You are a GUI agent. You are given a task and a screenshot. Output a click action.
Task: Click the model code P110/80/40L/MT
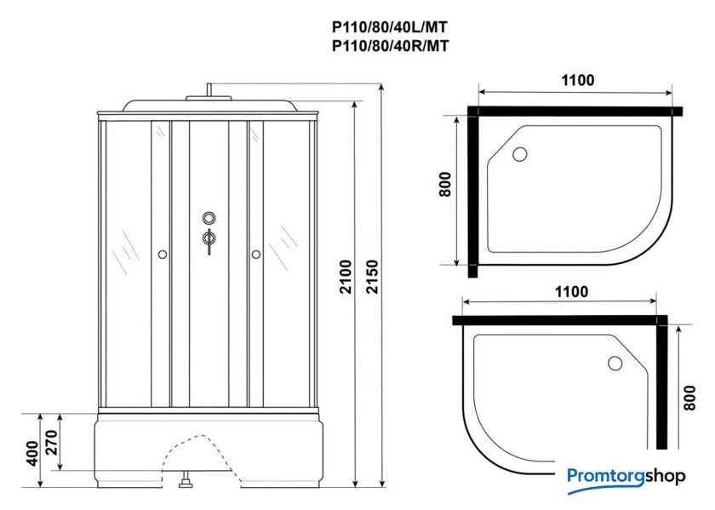coord(390,28)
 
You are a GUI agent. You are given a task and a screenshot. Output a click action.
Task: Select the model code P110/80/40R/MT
coord(390,46)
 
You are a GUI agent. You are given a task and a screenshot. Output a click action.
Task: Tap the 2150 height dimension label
coord(373,277)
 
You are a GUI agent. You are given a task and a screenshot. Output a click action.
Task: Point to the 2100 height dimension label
coord(346,277)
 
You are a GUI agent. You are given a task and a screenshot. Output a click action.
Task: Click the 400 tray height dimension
coord(32,453)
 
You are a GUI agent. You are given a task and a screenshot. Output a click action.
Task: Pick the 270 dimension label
coord(52,443)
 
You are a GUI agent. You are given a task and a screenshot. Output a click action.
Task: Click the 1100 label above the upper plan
coord(577,80)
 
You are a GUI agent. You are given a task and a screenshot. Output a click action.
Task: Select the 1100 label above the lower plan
coord(571,291)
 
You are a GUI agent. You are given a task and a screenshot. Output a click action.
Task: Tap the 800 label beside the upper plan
coord(444,184)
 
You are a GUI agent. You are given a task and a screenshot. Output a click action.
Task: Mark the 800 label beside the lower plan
coord(690,398)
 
